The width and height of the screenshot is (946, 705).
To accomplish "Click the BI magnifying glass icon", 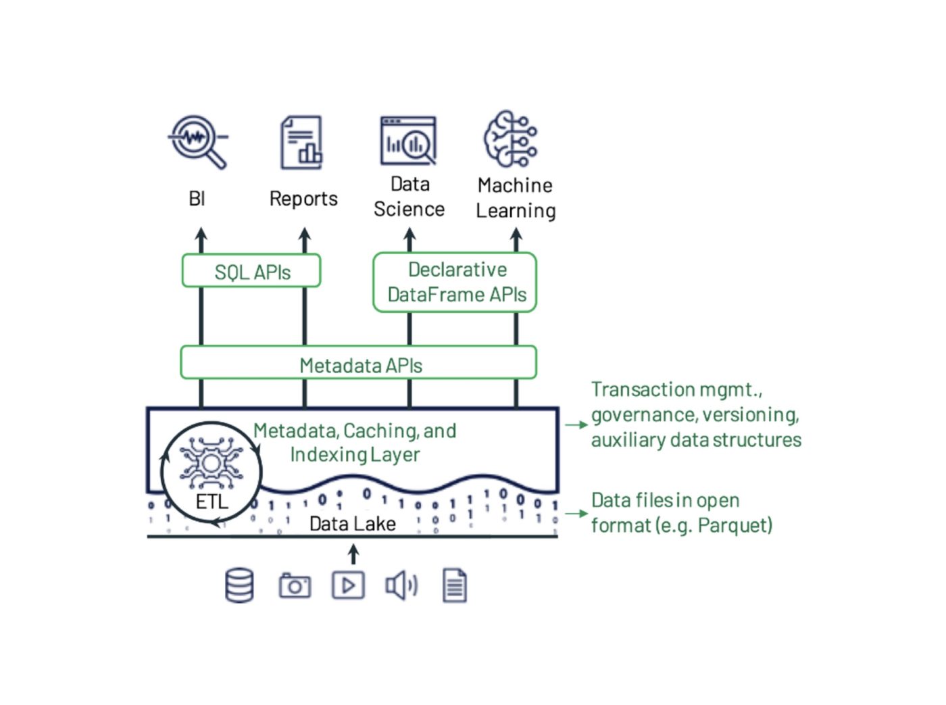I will pyautogui.click(x=197, y=141).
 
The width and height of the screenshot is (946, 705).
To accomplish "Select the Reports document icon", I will pyautogui.click(x=301, y=142).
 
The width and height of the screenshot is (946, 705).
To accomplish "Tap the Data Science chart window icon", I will pyautogui.click(x=408, y=141).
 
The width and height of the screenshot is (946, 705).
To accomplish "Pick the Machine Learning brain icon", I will pyautogui.click(x=511, y=139).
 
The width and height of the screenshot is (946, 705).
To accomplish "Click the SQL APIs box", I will pyautogui.click(x=251, y=271).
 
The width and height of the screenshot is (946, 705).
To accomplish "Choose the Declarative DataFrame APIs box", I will pyautogui.click(x=455, y=283).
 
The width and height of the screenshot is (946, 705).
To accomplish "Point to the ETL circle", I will pyautogui.click(x=211, y=472).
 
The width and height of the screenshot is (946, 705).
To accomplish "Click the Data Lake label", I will pyautogui.click(x=352, y=524).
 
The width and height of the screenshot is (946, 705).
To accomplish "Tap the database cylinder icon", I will pyautogui.click(x=239, y=585).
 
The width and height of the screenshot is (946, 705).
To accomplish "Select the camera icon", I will pyautogui.click(x=295, y=586).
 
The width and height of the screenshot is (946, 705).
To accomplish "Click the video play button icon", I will pyautogui.click(x=348, y=585).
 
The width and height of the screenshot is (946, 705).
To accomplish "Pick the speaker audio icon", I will pyautogui.click(x=401, y=585).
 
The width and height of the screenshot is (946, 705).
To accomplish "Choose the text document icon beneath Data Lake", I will pyautogui.click(x=455, y=585).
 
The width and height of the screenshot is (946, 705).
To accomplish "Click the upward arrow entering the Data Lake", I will pyautogui.click(x=353, y=555).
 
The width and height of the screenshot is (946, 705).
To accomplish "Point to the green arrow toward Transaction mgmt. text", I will pyautogui.click(x=576, y=425).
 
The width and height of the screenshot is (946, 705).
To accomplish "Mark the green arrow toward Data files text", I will pyautogui.click(x=576, y=514).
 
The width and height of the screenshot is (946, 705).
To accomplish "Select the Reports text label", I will pyautogui.click(x=303, y=199).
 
